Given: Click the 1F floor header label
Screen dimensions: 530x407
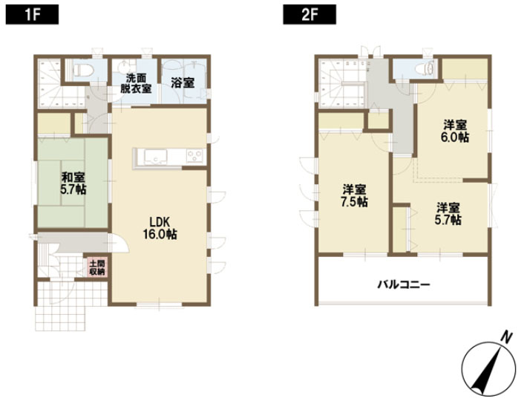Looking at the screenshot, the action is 32,15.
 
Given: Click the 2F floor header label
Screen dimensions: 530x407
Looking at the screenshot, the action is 310,15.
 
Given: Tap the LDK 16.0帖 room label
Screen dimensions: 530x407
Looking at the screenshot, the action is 160,228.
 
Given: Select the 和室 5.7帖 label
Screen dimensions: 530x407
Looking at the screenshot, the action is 73,183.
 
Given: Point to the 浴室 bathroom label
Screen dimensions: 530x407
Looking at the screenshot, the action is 183,83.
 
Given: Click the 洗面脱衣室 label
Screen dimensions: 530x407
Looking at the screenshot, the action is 137,83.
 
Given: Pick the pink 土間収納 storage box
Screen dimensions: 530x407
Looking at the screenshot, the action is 97,267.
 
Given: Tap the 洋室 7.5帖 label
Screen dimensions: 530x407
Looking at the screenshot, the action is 354,196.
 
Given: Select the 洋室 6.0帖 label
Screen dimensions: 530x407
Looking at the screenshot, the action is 455,131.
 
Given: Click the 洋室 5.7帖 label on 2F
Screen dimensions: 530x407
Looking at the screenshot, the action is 448,214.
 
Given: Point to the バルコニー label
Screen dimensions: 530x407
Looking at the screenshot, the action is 404,284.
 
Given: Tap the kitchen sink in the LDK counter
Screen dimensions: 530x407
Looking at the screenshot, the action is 155,157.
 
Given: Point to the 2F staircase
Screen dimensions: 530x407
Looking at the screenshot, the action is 342,84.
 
